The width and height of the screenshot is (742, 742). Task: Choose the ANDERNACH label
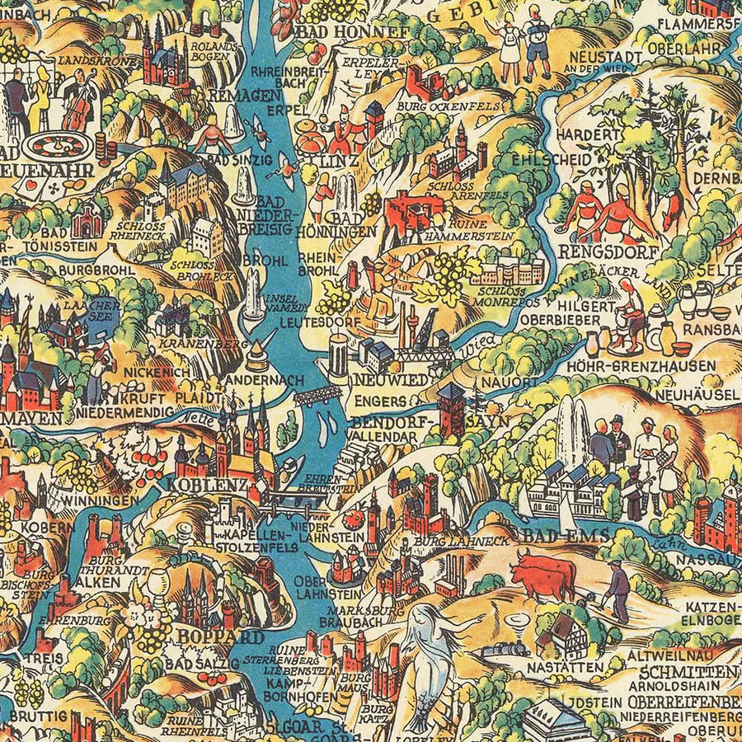[x=261, y=380]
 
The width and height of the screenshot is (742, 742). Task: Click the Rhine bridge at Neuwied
[x=317, y=394]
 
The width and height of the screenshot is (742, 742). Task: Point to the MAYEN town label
[x=31, y=418]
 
